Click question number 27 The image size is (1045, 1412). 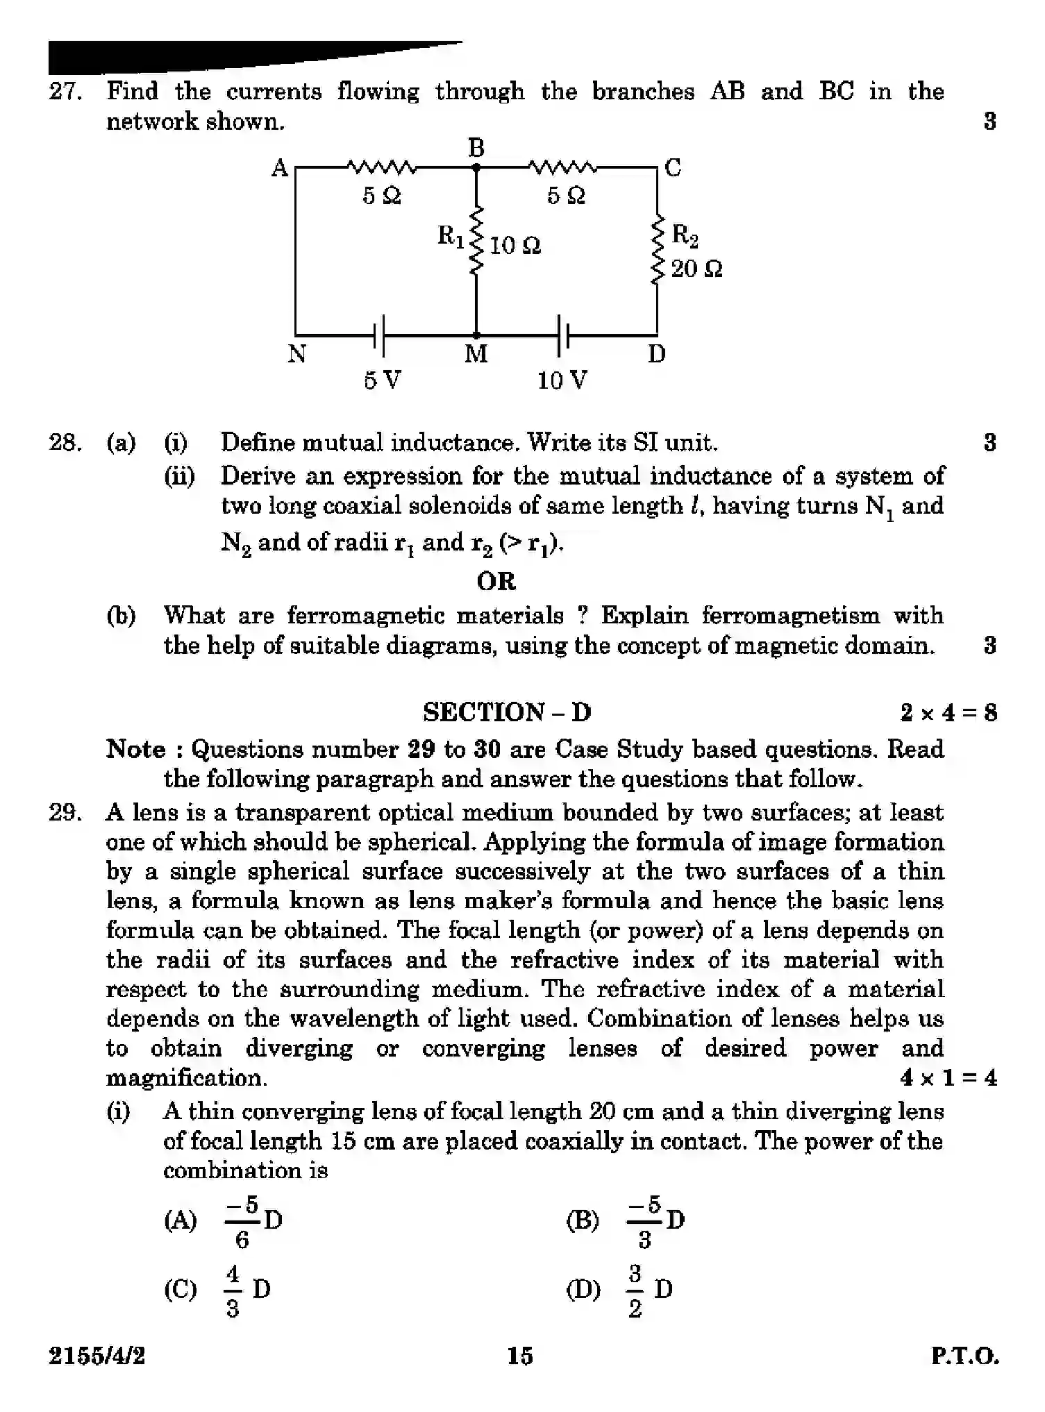click(65, 92)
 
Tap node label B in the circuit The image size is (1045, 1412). click(476, 148)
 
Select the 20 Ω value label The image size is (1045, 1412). click(696, 269)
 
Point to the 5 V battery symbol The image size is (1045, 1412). click(379, 336)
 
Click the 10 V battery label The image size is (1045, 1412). click(562, 380)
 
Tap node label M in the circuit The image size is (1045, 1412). click(476, 355)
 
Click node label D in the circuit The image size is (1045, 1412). click(657, 355)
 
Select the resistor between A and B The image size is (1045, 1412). click(381, 167)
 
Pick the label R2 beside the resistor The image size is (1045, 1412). click(685, 235)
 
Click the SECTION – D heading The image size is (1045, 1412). click(507, 712)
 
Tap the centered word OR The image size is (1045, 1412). click(496, 581)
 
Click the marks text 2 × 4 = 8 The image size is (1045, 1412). click(948, 713)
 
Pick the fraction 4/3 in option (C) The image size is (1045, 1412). click(233, 1291)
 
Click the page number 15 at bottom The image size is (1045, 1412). click(519, 1356)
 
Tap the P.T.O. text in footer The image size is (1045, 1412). click(964, 1356)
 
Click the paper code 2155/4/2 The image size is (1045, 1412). click(97, 1356)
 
